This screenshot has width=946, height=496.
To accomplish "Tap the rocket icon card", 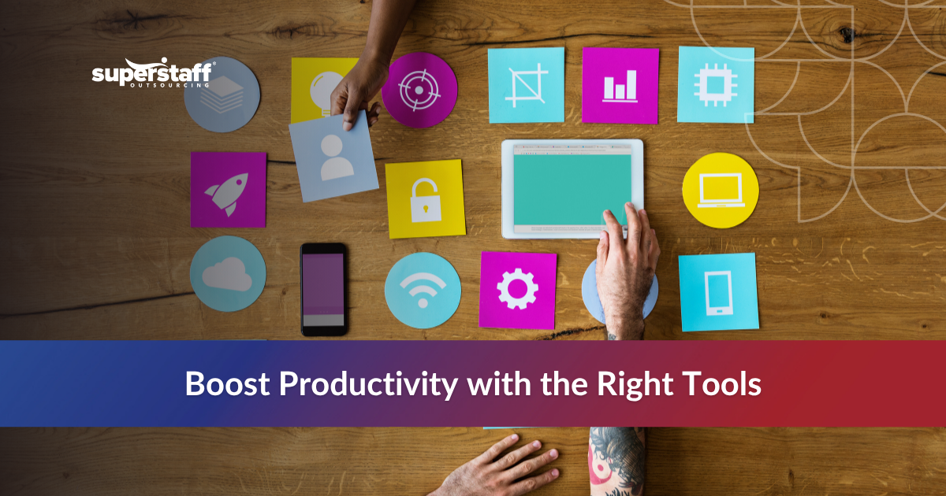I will point(228,190).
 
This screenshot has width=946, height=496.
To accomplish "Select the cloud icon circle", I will point(228,273).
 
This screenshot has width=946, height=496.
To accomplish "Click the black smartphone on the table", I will point(323,289).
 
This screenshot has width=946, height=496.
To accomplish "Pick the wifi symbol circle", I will point(423,291).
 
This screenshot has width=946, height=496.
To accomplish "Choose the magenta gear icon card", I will point(517,290).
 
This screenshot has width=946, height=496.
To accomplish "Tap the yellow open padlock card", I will point(425,198).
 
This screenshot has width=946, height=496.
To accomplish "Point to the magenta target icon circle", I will point(419,91).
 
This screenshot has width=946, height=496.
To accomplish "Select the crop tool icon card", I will point(526,85).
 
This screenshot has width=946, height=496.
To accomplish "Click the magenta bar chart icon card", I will point(620,85).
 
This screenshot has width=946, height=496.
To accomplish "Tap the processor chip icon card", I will point(716,84).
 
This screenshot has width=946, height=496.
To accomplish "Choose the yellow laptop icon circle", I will point(721,191).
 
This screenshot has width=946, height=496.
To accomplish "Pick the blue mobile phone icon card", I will point(718,291).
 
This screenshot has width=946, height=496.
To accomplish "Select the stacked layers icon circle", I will point(222,94).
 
